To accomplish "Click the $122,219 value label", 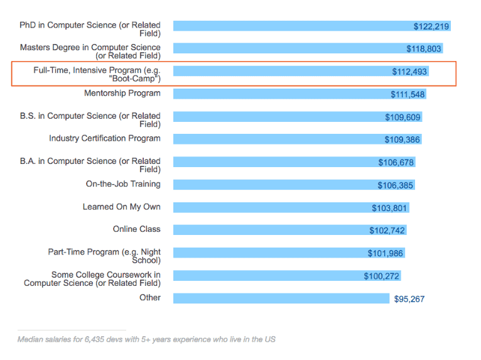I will click(x=431, y=26).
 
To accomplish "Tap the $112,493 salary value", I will click(x=409, y=72).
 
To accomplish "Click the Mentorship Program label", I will click(x=122, y=94).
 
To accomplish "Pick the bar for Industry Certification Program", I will click(x=276, y=139).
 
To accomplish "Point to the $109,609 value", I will click(x=403, y=117).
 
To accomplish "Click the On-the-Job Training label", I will click(x=123, y=184).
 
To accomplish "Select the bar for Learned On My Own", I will click(x=270, y=207).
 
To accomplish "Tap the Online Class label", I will click(x=136, y=229).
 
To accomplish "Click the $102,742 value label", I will click(x=387, y=231).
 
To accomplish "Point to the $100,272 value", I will click(x=381, y=276).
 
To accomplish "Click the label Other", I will click(x=150, y=297).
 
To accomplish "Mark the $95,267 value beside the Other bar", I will click(x=409, y=299).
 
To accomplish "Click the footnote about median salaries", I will click(x=146, y=339).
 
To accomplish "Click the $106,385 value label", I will click(x=396, y=185).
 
